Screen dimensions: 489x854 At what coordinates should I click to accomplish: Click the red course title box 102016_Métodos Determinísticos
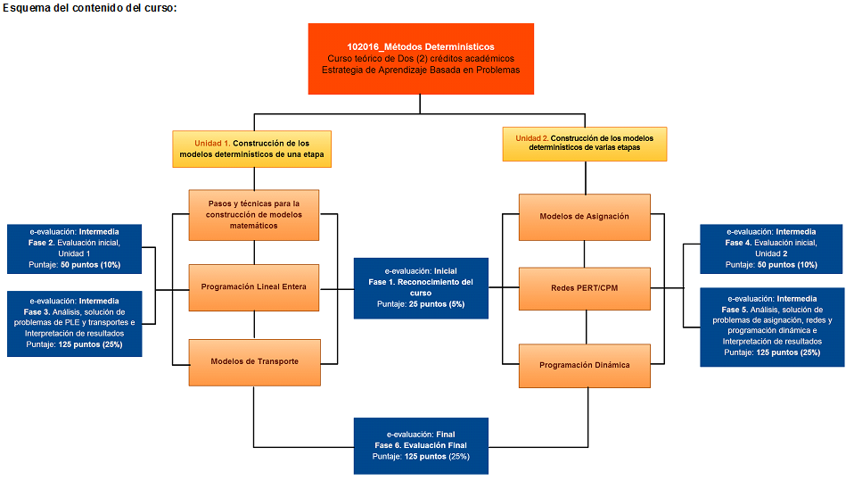click(x=421, y=58)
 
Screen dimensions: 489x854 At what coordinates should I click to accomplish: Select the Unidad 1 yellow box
click(x=251, y=149)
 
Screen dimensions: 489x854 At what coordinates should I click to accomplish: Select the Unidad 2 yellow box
click(x=584, y=144)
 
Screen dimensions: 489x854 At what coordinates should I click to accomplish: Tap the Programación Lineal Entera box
click(x=254, y=287)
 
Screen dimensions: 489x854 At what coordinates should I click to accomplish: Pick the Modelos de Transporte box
click(x=254, y=361)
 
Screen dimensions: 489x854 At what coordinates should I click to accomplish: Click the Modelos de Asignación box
click(x=584, y=217)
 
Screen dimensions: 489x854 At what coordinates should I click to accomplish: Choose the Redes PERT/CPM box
click(x=584, y=287)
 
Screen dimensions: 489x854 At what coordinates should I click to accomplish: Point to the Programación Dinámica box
click(x=584, y=364)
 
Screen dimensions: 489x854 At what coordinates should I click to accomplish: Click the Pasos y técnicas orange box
click(x=254, y=214)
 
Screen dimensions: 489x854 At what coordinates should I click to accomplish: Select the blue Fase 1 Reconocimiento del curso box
click(x=421, y=287)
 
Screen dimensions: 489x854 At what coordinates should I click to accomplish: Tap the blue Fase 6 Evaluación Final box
click(x=421, y=444)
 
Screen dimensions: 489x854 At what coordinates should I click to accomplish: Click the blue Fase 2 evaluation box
click(x=75, y=248)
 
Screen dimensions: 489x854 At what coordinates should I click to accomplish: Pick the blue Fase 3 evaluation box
click(x=75, y=323)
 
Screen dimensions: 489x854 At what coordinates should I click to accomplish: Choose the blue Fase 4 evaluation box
click(x=771, y=248)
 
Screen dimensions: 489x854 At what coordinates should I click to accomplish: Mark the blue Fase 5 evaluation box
click(x=771, y=326)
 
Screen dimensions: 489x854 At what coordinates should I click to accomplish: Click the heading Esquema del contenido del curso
click(x=89, y=8)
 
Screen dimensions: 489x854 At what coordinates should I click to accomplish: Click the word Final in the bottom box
click(x=446, y=433)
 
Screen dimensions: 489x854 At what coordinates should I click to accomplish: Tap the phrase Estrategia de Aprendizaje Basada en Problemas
click(x=421, y=70)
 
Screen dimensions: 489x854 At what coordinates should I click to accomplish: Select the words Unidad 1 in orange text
click(x=212, y=143)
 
